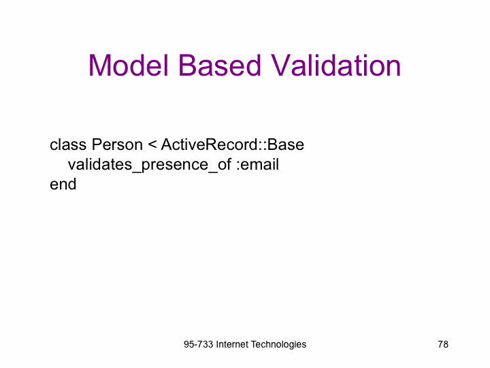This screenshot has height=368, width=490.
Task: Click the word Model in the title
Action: [x=129, y=65]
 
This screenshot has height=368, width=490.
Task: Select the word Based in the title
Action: [x=220, y=65]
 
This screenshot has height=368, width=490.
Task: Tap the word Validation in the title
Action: [x=336, y=65]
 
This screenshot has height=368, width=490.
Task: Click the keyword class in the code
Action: [x=68, y=144]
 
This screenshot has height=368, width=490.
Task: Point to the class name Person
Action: [x=117, y=144]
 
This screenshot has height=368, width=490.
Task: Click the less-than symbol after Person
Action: [x=152, y=144]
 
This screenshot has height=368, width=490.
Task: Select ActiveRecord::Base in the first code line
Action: [x=233, y=144]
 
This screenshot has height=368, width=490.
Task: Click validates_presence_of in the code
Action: [x=149, y=165]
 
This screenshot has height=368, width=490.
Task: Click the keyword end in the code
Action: [x=63, y=184]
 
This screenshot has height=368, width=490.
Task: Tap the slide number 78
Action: [x=443, y=344]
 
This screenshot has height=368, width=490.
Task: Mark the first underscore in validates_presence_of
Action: [x=137, y=171]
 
